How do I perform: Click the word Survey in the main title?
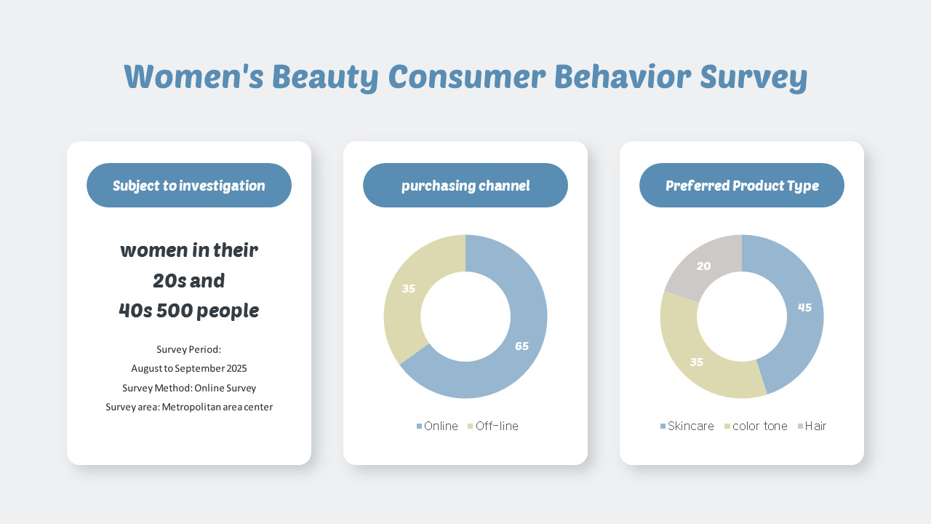(754, 77)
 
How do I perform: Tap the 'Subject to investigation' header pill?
(189, 186)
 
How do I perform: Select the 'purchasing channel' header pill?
(465, 186)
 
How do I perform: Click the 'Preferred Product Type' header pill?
(742, 186)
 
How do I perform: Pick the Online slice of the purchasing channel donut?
(509, 364)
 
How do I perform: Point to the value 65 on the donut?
(522, 346)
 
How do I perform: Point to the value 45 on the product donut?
(804, 308)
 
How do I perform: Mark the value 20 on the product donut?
(703, 266)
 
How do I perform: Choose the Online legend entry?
(438, 426)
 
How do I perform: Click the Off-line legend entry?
(494, 426)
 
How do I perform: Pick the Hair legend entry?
(812, 426)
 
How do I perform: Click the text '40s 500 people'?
(189, 311)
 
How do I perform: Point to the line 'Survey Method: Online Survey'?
(189, 388)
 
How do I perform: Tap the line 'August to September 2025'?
(189, 368)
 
